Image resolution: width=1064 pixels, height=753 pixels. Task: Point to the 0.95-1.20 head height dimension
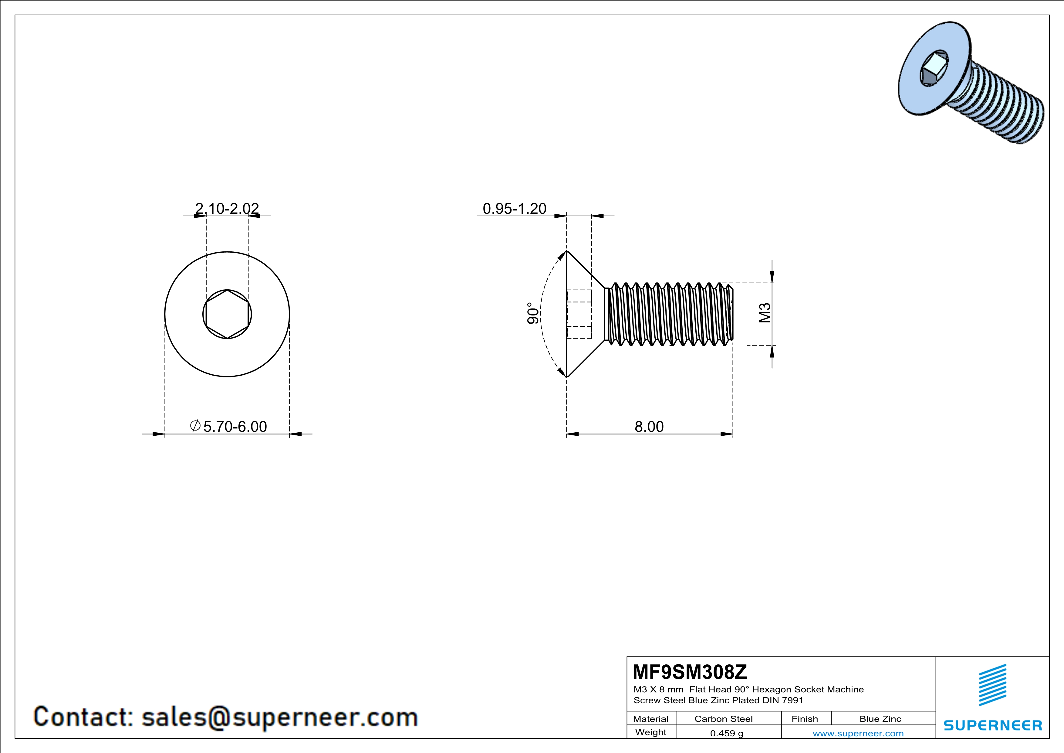pos(514,209)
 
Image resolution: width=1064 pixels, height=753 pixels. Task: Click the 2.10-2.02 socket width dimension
pos(227,209)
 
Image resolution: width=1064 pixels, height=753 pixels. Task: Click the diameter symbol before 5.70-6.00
pos(195,425)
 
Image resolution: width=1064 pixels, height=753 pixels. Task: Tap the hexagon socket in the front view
pos(227,314)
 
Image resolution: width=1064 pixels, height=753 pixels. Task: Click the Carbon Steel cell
pos(723,719)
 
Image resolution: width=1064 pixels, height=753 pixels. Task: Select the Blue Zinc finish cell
pos(880,719)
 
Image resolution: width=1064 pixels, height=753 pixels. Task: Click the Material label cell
pos(651,719)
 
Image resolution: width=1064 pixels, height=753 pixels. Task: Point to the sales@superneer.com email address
pos(279,717)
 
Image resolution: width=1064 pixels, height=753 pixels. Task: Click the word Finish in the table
pos(805,719)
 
